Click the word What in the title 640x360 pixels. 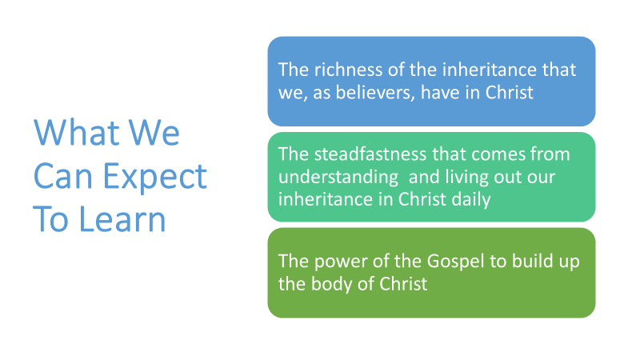click(x=76, y=132)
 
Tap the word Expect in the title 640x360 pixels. click(x=154, y=177)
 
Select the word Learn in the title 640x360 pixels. click(x=122, y=218)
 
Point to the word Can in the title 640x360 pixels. click(x=63, y=175)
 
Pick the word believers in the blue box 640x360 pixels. click(x=375, y=92)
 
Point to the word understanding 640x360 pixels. click(x=338, y=178)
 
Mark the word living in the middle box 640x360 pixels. click(x=467, y=178)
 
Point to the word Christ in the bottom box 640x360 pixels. click(x=403, y=284)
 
